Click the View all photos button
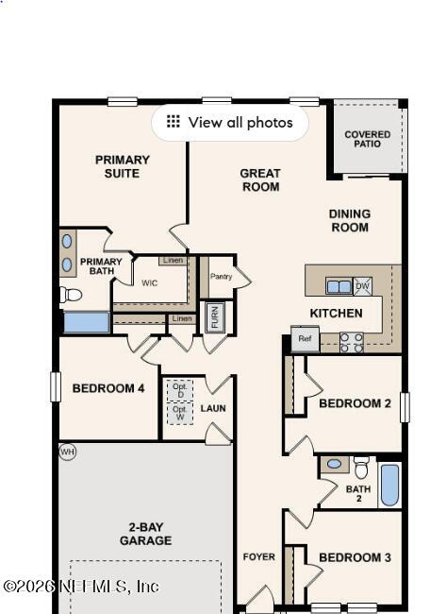coord(229,122)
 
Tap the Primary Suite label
coord(123,166)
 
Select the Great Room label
coord(260,179)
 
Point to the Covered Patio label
coord(367,140)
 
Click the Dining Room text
coord(349,220)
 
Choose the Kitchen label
coord(336,313)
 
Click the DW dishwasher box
coord(363,286)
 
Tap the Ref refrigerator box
coord(304,339)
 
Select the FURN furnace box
coord(215,316)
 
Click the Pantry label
coord(221,276)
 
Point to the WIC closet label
coord(150,282)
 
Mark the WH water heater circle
coord(66,452)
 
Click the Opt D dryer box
coord(179,389)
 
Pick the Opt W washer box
coord(179,413)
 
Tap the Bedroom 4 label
coord(108,388)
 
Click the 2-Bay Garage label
coord(145,534)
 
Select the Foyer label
coord(259,556)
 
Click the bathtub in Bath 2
coord(389,484)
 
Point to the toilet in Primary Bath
coord(70,295)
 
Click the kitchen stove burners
coord(351,342)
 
